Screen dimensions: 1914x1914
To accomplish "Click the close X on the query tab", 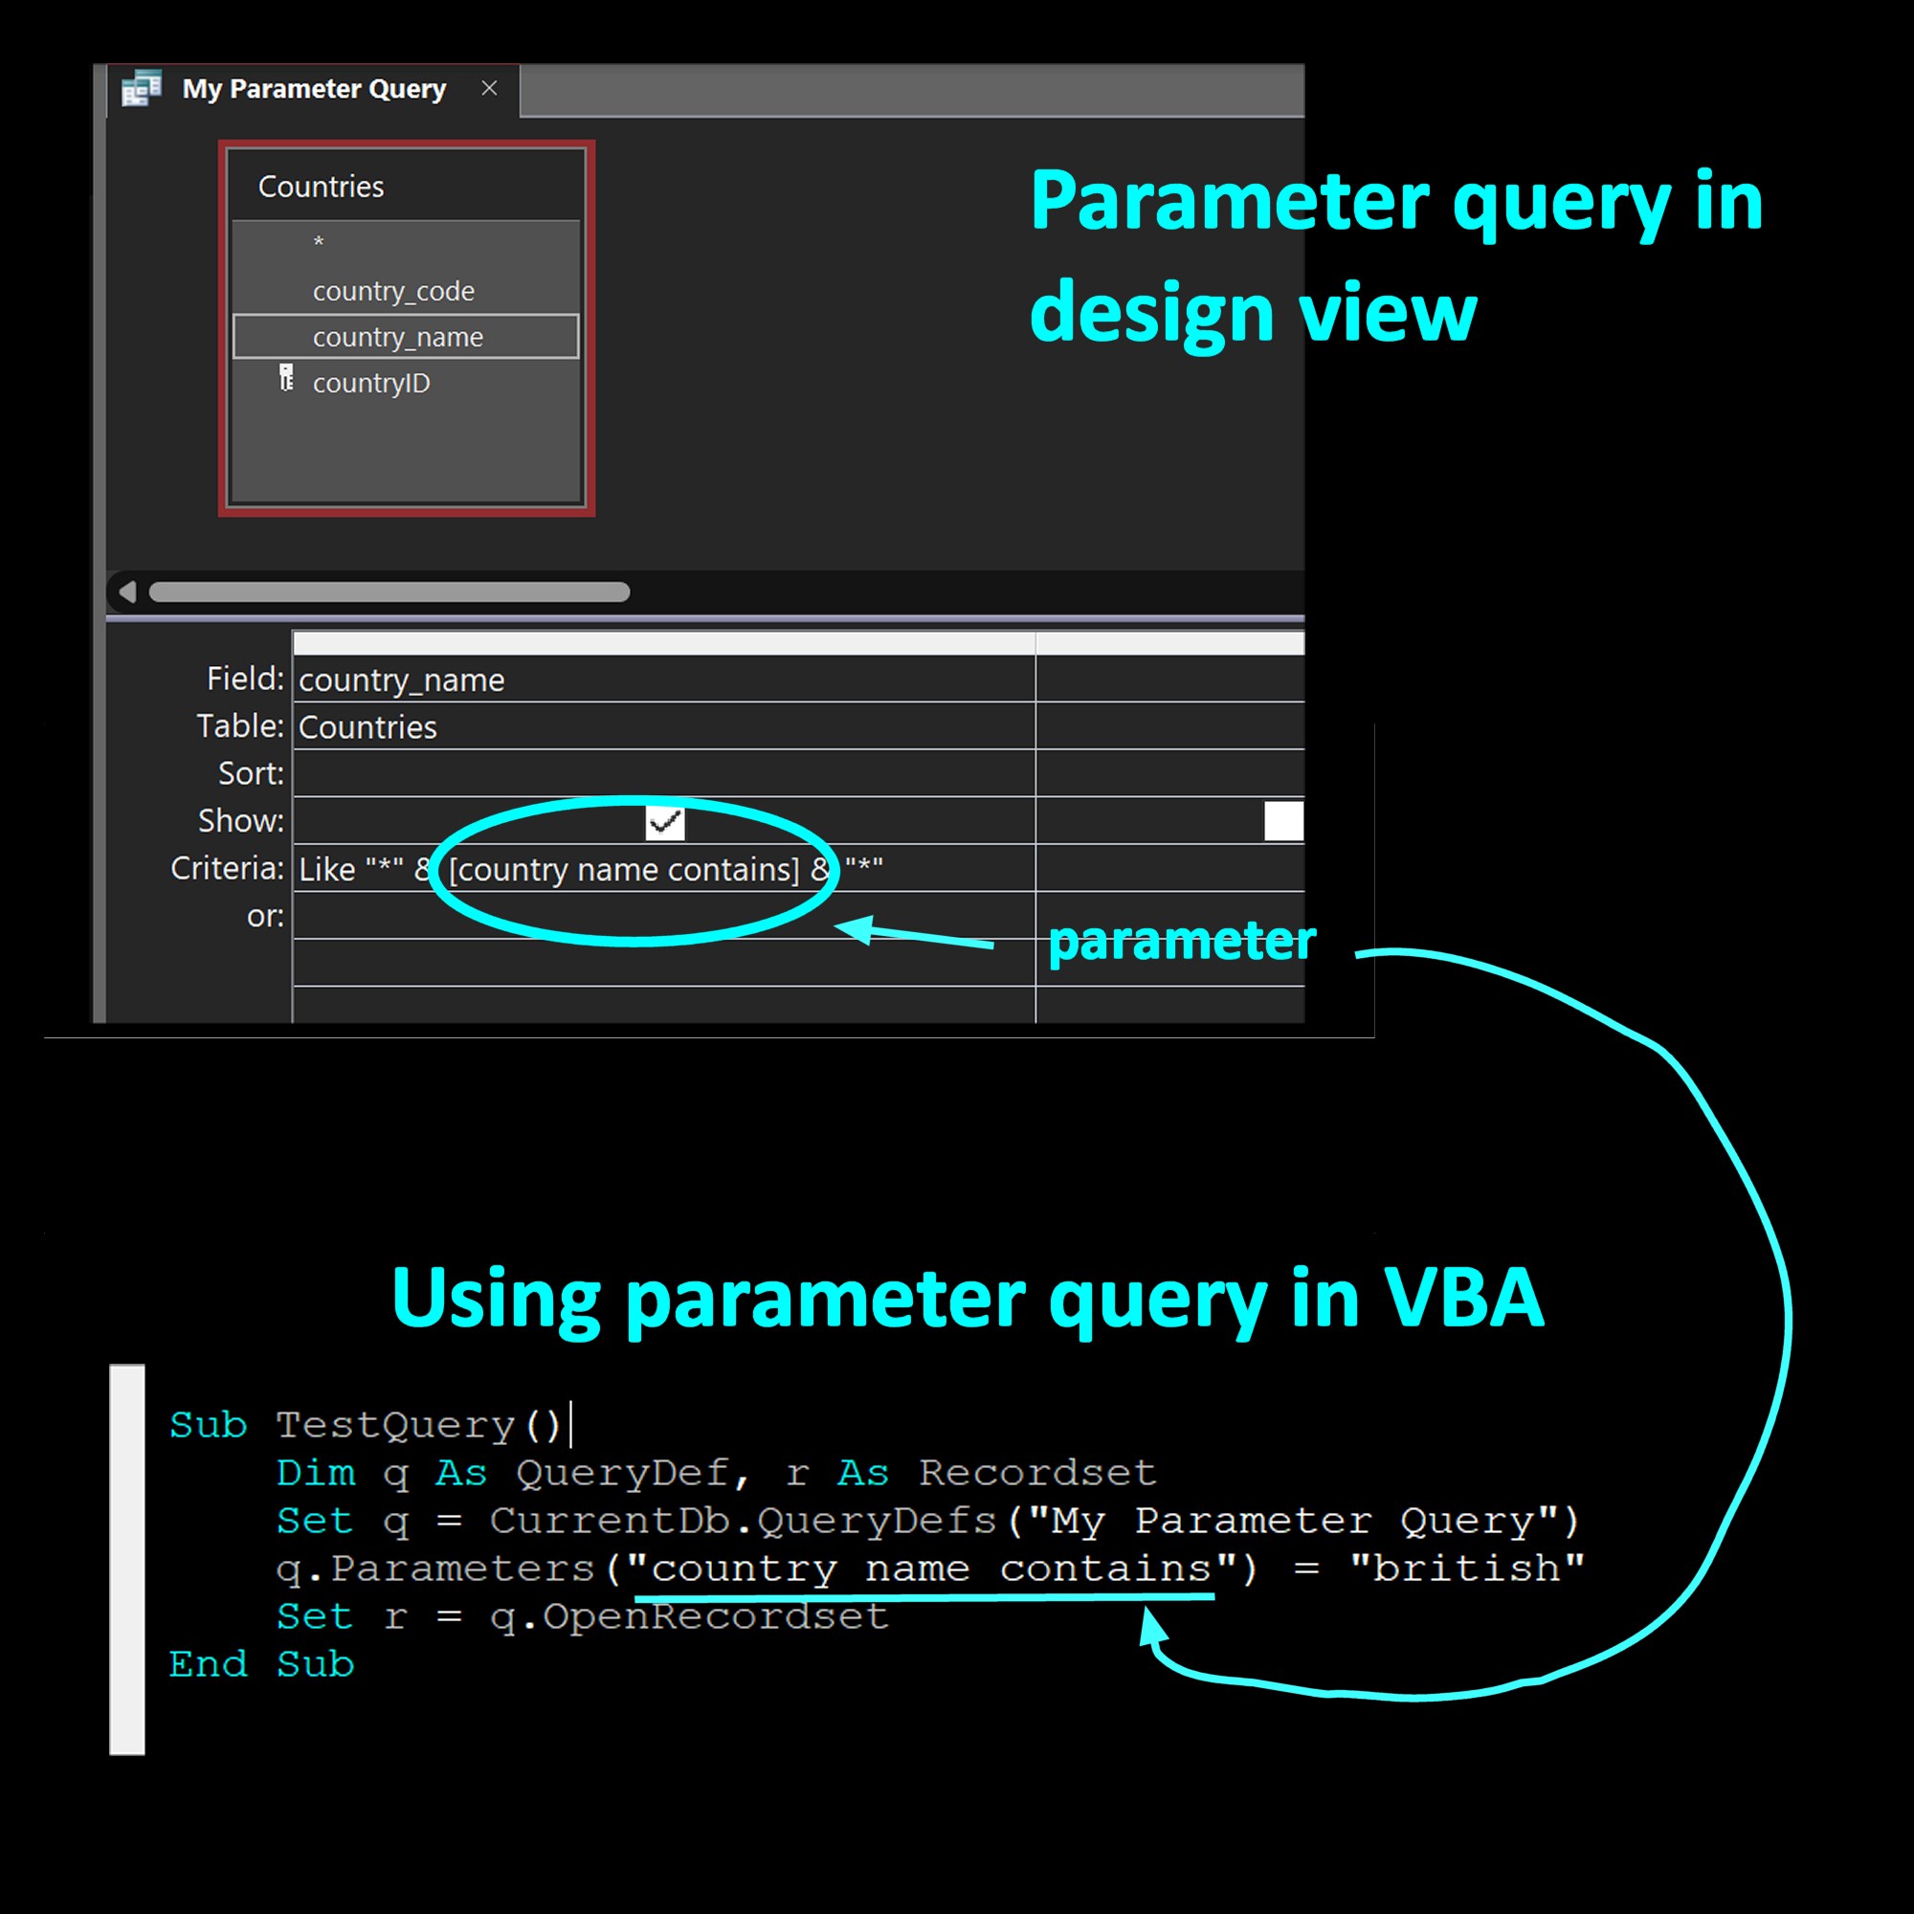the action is coord(489,88).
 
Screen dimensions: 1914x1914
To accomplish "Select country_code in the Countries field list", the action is coord(393,291).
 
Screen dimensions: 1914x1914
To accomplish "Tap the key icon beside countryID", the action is coord(286,377).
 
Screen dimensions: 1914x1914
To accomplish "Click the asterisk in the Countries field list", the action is coord(318,242).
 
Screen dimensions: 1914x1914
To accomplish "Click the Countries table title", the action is coord(321,187).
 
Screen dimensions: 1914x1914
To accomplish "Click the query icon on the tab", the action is coord(142,88).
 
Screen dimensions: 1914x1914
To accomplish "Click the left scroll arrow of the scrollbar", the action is coord(127,591).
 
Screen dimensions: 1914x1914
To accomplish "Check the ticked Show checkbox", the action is coord(665,821).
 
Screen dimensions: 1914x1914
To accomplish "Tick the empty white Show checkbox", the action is coord(1284,821).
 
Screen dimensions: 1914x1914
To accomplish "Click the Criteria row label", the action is coord(227,868).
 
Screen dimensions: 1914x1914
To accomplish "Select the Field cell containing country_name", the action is coord(664,679).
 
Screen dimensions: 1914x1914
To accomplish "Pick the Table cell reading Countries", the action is coord(664,726).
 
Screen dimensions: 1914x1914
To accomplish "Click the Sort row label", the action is coord(251,772).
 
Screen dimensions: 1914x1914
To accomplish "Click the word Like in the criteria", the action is coord(327,869).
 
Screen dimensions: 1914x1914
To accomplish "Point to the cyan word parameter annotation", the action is coord(1182,940).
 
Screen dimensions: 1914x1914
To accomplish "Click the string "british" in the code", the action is coord(1467,1569).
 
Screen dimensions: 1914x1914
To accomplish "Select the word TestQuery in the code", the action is coord(395,1425).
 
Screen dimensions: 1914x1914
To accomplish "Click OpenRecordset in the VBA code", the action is coord(715,1616).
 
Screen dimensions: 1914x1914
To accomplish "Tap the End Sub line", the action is coord(261,1664).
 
